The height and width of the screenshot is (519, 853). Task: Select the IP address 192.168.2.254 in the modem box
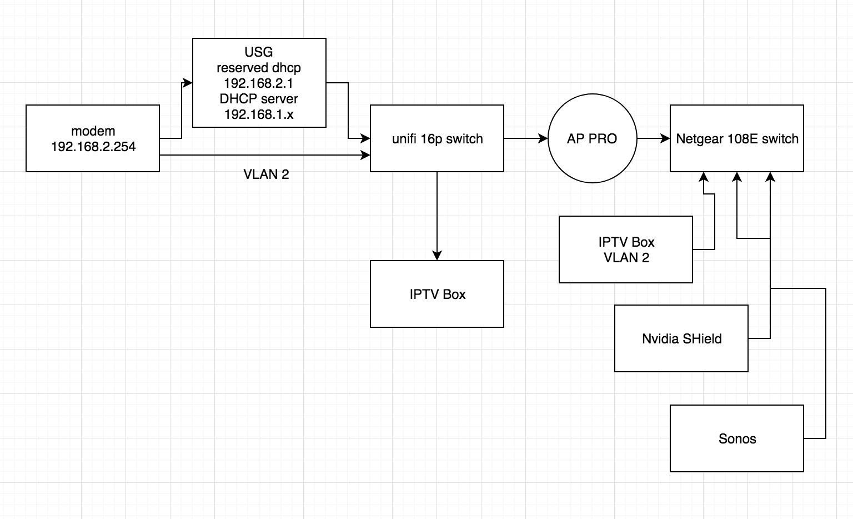click(x=93, y=147)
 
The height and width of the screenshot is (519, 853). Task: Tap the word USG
click(x=259, y=52)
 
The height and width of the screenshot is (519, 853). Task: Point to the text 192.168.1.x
click(x=259, y=114)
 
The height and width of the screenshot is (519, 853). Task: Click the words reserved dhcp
click(x=259, y=68)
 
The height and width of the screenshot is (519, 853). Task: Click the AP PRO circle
click(x=592, y=139)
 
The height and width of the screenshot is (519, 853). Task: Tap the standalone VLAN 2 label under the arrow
click(x=266, y=174)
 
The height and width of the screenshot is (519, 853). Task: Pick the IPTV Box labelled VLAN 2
click(x=626, y=250)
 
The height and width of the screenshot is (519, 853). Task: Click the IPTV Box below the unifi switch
click(x=437, y=294)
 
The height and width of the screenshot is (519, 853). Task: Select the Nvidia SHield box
click(x=681, y=338)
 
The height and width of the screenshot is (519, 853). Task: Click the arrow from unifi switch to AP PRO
click(x=525, y=138)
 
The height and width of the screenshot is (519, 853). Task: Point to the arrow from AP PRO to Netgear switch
click(x=654, y=138)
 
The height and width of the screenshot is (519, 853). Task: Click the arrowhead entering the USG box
click(x=188, y=83)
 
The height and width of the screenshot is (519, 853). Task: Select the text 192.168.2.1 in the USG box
click(x=259, y=83)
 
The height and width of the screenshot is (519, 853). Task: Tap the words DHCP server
click(x=259, y=99)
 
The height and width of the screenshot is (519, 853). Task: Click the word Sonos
click(x=737, y=439)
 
